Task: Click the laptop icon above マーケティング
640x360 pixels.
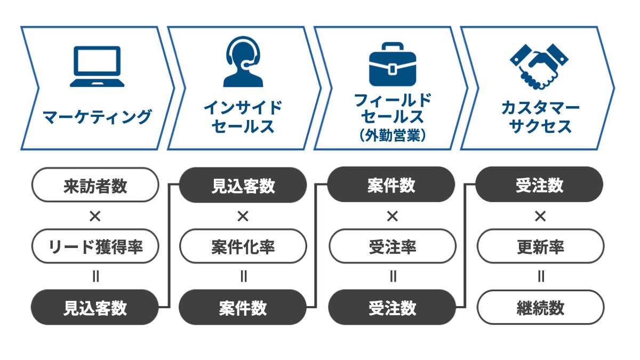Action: click(97, 67)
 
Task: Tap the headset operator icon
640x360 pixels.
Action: click(243, 62)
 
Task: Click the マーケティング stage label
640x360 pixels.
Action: click(97, 116)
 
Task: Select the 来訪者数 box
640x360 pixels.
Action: click(95, 186)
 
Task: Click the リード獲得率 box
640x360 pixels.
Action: click(95, 247)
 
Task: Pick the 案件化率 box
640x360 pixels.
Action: click(243, 247)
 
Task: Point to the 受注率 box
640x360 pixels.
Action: click(392, 247)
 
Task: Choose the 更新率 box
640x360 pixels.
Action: click(540, 247)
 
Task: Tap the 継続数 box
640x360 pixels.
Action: click(540, 308)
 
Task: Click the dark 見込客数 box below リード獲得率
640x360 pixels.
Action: click(95, 308)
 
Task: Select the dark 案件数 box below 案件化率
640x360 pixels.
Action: click(243, 308)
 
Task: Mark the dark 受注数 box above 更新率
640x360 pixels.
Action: click(539, 185)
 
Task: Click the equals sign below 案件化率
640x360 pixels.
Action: click(244, 277)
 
